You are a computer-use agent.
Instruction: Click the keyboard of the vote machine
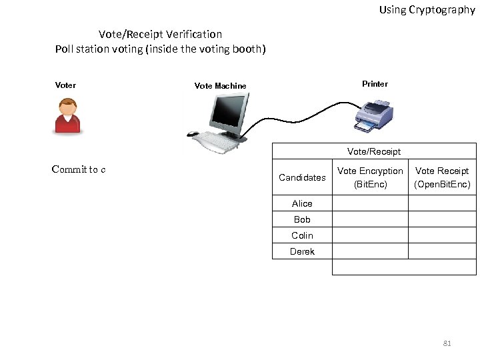pyautogui.click(x=217, y=140)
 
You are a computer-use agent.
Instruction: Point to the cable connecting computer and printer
pyautogui.click(x=300, y=113)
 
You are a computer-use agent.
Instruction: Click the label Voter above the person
pyautogui.click(x=65, y=85)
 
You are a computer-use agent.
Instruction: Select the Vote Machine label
pyautogui.click(x=220, y=86)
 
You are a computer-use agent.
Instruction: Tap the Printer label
pyautogui.click(x=375, y=84)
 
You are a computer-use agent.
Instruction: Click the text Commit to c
pyautogui.click(x=79, y=169)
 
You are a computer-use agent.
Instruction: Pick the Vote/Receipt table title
pyautogui.click(x=374, y=151)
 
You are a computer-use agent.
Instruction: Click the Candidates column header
pyautogui.click(x=302, y=177)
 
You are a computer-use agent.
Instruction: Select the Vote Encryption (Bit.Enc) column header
pyautogui.click(x=370, y=177)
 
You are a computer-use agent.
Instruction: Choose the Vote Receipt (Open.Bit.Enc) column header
pyautogui.click(x=442, y=177)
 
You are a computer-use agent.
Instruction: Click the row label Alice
pyautogui.click(x=302, y=203)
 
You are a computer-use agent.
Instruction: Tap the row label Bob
pyautogui.click(x=302, y=219)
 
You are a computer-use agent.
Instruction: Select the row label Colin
pyautogui.click(x=302, y=235)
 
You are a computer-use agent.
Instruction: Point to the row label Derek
pyautogui.click(x=302, y=251)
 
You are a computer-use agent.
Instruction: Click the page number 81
pyautogui.click(x=447, y=343)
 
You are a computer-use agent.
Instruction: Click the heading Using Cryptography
pyautogui.click(x=427, y=9)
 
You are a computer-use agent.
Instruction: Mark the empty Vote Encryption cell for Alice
pyautogui.click(x=370, y=203)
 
